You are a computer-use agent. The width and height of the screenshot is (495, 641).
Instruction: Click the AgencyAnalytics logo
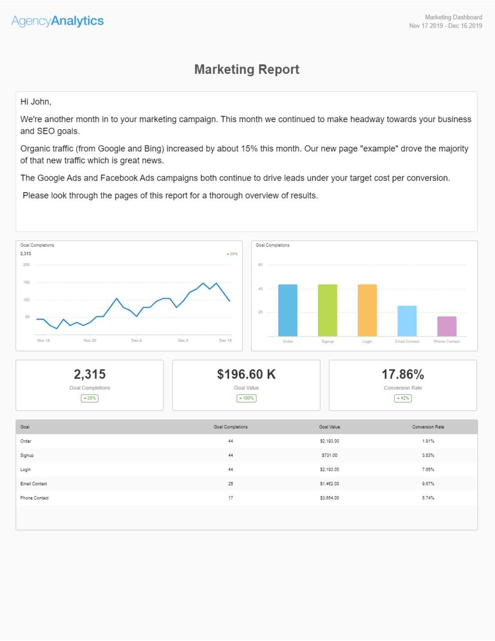pyautogui.click(x=58, y=21)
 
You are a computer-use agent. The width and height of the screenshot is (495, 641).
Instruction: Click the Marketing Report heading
pyautogui.click(x=247, y=69)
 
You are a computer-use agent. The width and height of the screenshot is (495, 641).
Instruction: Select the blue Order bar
pyautogui.click(x=288, y=310)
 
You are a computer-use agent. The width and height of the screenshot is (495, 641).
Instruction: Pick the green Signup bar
pyautogui.click(x=327, y=310)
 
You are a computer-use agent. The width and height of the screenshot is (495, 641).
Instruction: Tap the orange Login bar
pyautogui.click(x=367, y=310)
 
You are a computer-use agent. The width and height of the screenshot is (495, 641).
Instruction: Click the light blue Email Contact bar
pyautogui.click(x=407, y=321)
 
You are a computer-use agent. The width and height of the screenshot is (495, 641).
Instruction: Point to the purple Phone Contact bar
pyautogui.click(x=447, y=326)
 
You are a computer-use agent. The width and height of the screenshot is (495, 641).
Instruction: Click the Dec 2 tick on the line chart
pyautogui.click(x=136, y=340)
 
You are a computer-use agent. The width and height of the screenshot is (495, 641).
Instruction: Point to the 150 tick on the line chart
pyautogui.click(x=27, y=282)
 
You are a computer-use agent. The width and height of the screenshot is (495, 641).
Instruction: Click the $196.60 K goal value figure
pyautogui.click(x=246, y=374)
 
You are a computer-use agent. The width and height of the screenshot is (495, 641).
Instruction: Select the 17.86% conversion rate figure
pyautogui.click(x=403, y=374)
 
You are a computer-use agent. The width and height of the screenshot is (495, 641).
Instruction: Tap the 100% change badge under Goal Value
pyautogui.click(x=246, y=398)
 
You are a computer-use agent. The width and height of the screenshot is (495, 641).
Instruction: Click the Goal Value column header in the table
pyautogui.click(x=329, y=427)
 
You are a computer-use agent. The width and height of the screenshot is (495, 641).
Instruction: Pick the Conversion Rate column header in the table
pyautogui.click(x=428, y=427)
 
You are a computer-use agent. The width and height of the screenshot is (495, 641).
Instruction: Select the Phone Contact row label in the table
pyautogui.click(x=34, y=498)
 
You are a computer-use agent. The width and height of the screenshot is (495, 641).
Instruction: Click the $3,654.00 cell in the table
pyautogui.click(x=329, y=498)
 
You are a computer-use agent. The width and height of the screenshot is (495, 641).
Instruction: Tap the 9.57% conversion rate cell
pyautogui.click(x=428, y=483)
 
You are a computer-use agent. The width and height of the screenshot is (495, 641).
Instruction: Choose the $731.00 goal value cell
pyautogui.click(x=329, y=455)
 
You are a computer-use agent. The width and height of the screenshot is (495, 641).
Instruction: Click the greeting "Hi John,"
pyautogui.click(x=36, y=102)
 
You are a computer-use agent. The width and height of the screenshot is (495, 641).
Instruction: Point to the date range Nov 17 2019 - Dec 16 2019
pyautogui.click(x=445, y=26)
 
